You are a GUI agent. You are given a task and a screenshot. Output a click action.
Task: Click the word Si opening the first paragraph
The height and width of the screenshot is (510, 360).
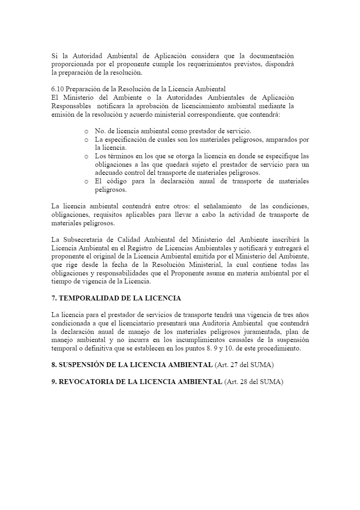click(x=54, y=56)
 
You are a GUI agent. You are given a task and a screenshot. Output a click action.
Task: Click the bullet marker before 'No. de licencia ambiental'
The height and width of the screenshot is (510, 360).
click(x=86, y=131)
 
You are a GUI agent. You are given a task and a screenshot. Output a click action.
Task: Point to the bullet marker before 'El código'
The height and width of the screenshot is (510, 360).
click(x=86, y=181)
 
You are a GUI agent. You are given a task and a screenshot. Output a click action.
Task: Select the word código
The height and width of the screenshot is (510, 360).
click(x=123, y=181)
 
